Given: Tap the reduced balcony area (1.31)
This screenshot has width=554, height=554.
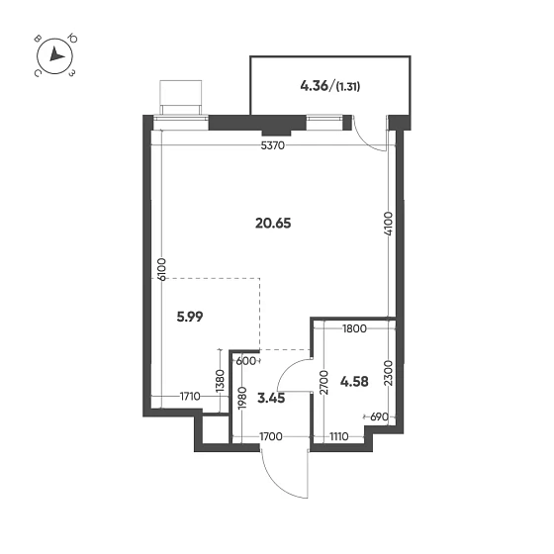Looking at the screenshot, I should pyautogui.click(x=347, y=86).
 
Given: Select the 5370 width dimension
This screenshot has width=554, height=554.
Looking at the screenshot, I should pyautogui.click(x=272, y=146).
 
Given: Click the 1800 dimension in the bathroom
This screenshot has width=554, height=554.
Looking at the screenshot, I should pyautogui.click(x=354, y=328).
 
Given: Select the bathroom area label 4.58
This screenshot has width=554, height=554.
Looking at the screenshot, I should pyautogui.click(x=353, y=380).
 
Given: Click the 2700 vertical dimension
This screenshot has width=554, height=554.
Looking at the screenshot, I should pyautogui.click(x=322, y=380).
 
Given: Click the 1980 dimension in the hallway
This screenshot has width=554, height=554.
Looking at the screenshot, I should pyautogui.click(x=241, y=399).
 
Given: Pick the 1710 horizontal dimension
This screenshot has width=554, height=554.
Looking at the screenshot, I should pyautogui.click(x=192, y=398).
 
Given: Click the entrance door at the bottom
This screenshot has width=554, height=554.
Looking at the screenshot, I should pyautogui.click(x=284, y=473).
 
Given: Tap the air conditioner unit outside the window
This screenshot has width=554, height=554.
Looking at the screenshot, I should pyautogui.click(x=184, y=97).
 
